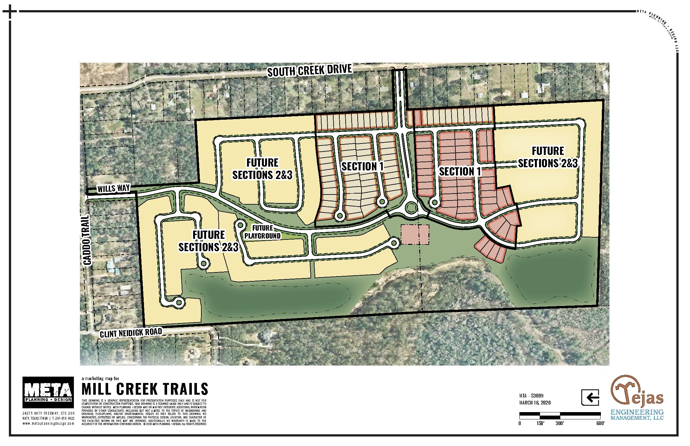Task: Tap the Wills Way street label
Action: tap(114, 188)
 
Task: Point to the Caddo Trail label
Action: tap(87, 239)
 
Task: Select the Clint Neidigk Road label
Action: tap(131, 333)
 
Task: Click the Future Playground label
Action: tap(263, 232)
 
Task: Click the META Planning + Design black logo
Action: tap(48, 392)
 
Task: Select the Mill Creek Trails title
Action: tap(145, 389)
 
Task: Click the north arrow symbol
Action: tap(590, 397)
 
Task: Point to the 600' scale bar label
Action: tap(600, 424)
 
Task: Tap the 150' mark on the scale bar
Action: tap(540, 424)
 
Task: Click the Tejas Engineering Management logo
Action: tap(637, 398)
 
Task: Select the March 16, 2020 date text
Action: tap(535, 403)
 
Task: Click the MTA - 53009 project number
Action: tap(531, 396)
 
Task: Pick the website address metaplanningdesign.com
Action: tap(48, 424)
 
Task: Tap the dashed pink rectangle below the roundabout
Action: tap(415, 235)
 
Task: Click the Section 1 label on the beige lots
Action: tap(362, 166)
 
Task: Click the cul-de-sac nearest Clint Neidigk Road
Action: tap(179, 302)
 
